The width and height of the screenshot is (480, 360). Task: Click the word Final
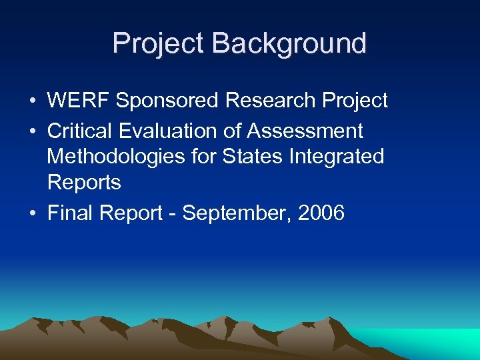pyautogui.click(x=69, y=213)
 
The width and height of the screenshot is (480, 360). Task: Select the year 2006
pyautogui.click(x=321, y=213)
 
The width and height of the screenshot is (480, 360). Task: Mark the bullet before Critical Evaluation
pyautogui.click(x=32, y=131)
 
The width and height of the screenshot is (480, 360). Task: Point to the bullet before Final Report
pyautogui.click(x=32, y=214)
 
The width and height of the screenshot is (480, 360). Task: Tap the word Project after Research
pyautogui.click(x=355, y=101)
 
